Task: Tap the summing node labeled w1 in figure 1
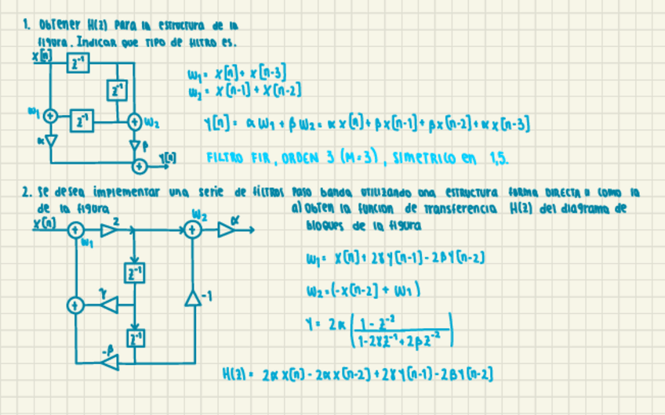(51, 115)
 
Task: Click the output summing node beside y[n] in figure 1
(140, 165)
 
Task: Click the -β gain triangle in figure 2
(109, 362)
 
